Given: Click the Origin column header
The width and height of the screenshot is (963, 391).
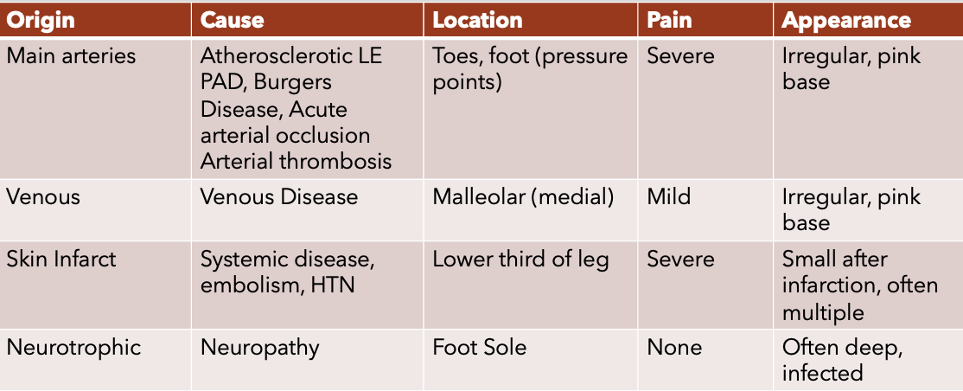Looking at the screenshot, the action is (x=41, y=20).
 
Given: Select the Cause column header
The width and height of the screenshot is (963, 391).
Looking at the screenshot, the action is (x=233, y=20).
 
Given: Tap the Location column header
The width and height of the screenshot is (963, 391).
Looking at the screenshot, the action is (x=477, y=20).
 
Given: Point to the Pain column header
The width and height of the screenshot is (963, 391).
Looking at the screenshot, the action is (x=669, y=20).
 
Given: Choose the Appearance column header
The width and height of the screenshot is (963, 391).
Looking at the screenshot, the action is (x=846, y=20).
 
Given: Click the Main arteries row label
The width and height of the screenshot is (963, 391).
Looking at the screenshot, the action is (x=71, y=56).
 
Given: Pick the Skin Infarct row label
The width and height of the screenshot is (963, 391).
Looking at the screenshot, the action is (x=61, y=259).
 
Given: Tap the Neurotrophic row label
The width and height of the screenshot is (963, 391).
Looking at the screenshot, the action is (x=73, y=348).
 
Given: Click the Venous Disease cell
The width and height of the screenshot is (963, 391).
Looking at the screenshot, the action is (x=279, y=196).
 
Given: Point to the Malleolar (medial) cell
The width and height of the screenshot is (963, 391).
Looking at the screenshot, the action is (x=523, y=196).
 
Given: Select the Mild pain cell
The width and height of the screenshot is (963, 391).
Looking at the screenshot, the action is (x=669, y=196).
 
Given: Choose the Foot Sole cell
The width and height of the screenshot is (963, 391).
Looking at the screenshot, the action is (x=480, y=348).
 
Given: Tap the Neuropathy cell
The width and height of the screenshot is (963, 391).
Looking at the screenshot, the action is (x=260, y=348).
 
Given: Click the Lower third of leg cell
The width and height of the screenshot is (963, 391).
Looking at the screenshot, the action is (x=520, y=260).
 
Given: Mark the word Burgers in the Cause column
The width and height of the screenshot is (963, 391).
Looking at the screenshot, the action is (x=292, y=83).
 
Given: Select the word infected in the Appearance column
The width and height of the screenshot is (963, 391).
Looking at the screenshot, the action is (x=822, y=372).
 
